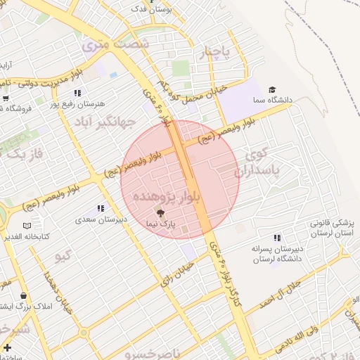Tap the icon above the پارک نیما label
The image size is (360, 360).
point(161,212)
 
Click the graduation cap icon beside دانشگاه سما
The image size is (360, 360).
point(272,90)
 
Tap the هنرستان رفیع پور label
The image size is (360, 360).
point(82,103)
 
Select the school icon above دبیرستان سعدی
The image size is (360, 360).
point(101,209)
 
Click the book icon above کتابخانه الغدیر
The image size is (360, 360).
point(27,226)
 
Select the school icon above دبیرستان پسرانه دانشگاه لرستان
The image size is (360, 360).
point(277,238)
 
